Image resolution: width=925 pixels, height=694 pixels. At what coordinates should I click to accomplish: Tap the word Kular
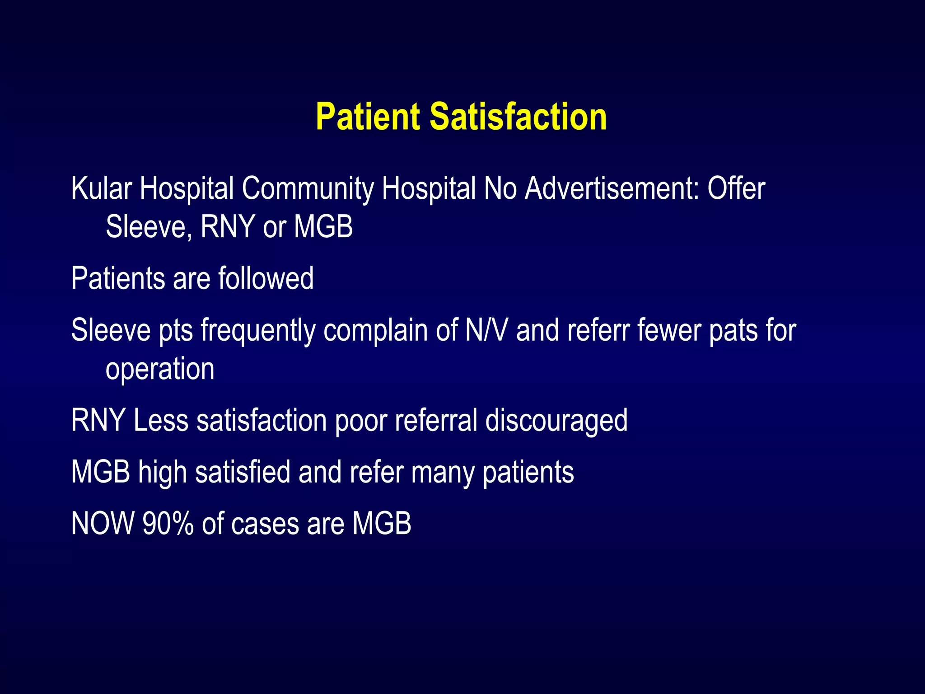pos(102,188)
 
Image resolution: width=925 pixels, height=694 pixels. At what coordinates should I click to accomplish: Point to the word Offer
pos(736,188)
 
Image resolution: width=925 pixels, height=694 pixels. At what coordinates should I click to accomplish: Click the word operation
pos(160,370)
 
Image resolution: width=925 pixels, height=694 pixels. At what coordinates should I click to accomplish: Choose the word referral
pos(436,421)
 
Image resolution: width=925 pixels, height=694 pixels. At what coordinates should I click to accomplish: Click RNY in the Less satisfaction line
pos(98,421)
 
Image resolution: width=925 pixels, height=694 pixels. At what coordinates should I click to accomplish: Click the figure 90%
pos(168,524)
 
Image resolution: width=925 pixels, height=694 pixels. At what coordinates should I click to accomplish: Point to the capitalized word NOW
pos(103,524)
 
